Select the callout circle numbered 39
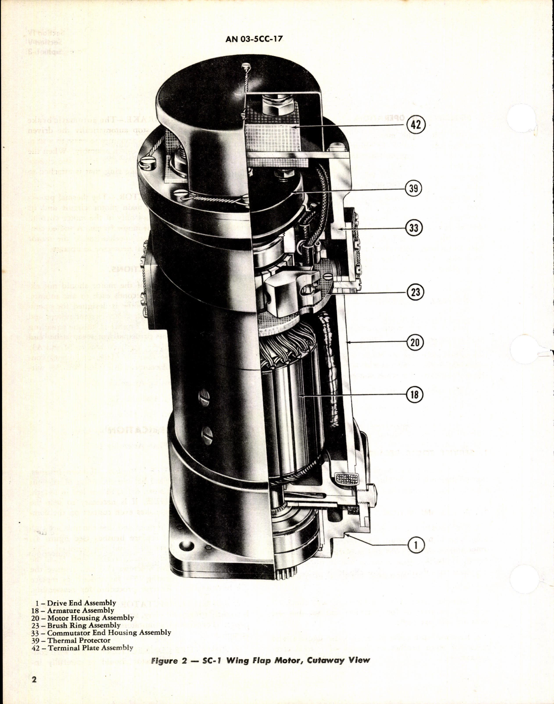point(413,188)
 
